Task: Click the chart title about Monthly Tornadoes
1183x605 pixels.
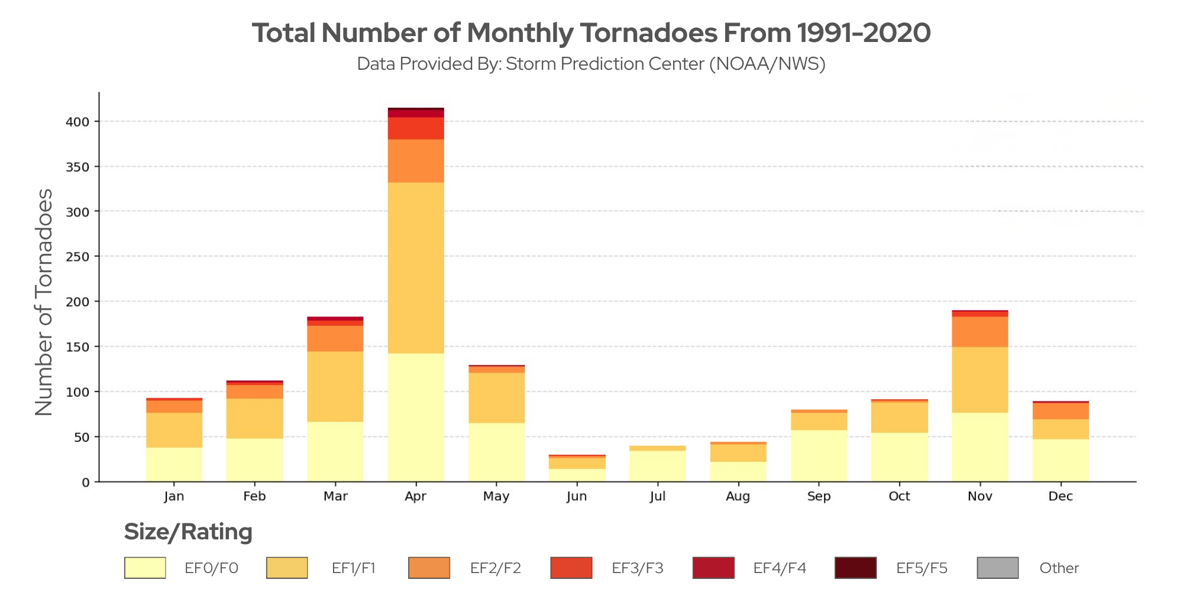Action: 591,33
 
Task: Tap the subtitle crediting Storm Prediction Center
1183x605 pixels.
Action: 591,64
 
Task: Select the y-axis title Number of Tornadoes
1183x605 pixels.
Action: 44,302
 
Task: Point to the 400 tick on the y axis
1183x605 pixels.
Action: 78,122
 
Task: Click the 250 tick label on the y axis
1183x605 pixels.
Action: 78,257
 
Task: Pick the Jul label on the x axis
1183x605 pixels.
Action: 657,496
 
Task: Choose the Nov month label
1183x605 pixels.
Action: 980,496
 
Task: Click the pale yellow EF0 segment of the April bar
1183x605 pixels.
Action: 416,417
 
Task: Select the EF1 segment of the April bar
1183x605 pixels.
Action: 416,267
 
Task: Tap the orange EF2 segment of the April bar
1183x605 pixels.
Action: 416,161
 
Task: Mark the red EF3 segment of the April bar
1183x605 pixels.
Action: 416,128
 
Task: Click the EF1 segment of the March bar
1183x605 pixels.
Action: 335,386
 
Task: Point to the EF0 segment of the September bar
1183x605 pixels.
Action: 819,455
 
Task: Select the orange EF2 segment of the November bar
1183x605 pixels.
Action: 980,332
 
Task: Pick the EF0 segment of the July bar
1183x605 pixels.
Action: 657,466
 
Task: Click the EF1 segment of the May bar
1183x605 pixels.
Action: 496,397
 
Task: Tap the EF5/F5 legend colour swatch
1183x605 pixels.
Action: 855,568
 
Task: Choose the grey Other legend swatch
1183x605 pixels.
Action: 997,568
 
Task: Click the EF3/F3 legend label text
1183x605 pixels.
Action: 637,568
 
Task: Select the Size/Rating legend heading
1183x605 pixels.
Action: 188,532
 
